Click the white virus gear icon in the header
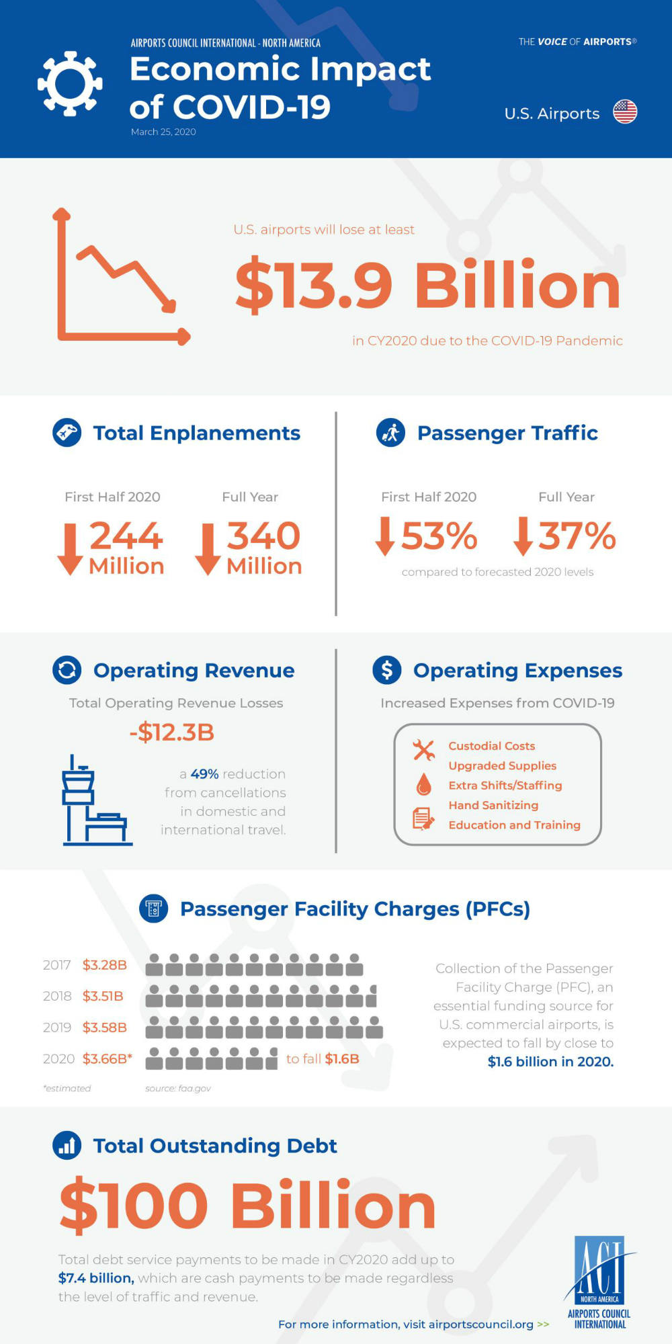tap(70, 83)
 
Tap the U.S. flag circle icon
tap(625, 112)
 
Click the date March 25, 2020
tap(163, 132)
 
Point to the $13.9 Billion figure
tap(427, 285)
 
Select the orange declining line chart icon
tap(121, 277)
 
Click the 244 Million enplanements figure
tap(126, 547)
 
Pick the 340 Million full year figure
tap(263, 547)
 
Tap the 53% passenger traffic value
tap(438, 536)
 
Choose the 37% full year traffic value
tap(577, 536)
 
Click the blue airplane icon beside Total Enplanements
tap(67, 433)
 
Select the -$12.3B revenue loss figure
tap(172, 732)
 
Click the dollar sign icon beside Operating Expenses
tap(387, 670)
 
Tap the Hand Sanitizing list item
tap(493, 805)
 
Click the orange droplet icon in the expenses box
tap(423, 784)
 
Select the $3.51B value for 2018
tap(103, 996)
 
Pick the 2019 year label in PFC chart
tap(57, 1027)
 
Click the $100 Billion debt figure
tap(247, 1206)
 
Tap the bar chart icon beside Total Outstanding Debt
tap(67, 1146)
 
